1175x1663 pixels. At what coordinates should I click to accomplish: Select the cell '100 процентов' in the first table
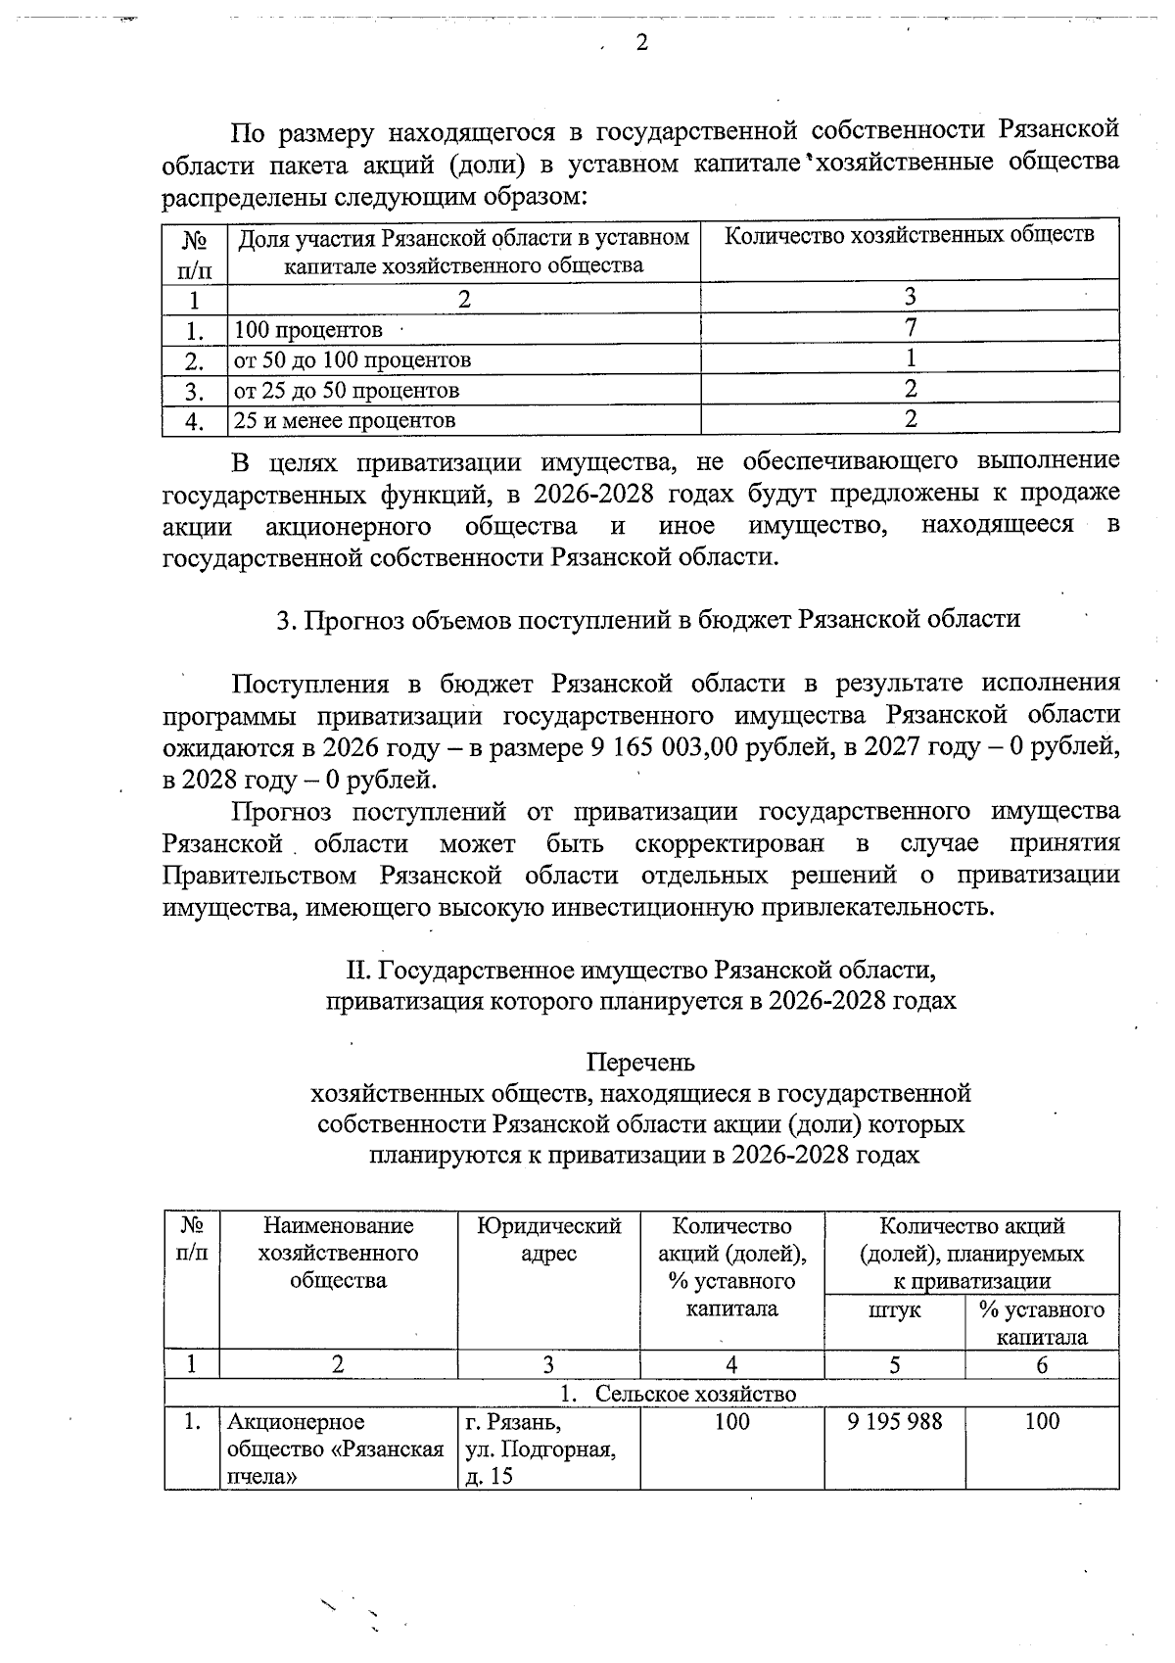point(307,330)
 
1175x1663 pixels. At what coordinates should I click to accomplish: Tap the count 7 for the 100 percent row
point(911,326)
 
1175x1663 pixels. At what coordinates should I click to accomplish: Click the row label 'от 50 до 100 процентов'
point(352,360)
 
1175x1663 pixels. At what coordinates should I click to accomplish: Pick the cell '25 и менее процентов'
point(344,421)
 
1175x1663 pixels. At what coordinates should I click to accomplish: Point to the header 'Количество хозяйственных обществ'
point(910,235)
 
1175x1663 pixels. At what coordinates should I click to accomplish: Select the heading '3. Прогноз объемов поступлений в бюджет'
point(648,619)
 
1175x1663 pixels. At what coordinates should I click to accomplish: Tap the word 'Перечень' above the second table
point(640,1062)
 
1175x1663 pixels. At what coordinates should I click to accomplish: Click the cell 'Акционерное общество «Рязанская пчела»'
point(336,1449)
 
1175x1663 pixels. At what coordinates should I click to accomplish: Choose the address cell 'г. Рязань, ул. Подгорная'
point(540,1449)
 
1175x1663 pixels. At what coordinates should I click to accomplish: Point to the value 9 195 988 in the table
point(894,1421)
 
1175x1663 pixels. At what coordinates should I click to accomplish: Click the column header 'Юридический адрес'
point(548,1240)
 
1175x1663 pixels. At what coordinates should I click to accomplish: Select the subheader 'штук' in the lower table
point(894,1310)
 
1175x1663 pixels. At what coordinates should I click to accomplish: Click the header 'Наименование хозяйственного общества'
point(338,1253)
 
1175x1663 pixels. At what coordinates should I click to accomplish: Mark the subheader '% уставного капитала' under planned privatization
point(1042,1323)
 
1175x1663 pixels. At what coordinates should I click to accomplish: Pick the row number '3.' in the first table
point(194,392)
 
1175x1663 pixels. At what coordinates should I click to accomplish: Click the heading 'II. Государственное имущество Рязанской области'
point(640,971)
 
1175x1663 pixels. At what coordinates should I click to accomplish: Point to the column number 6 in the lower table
point(1042,1365)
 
